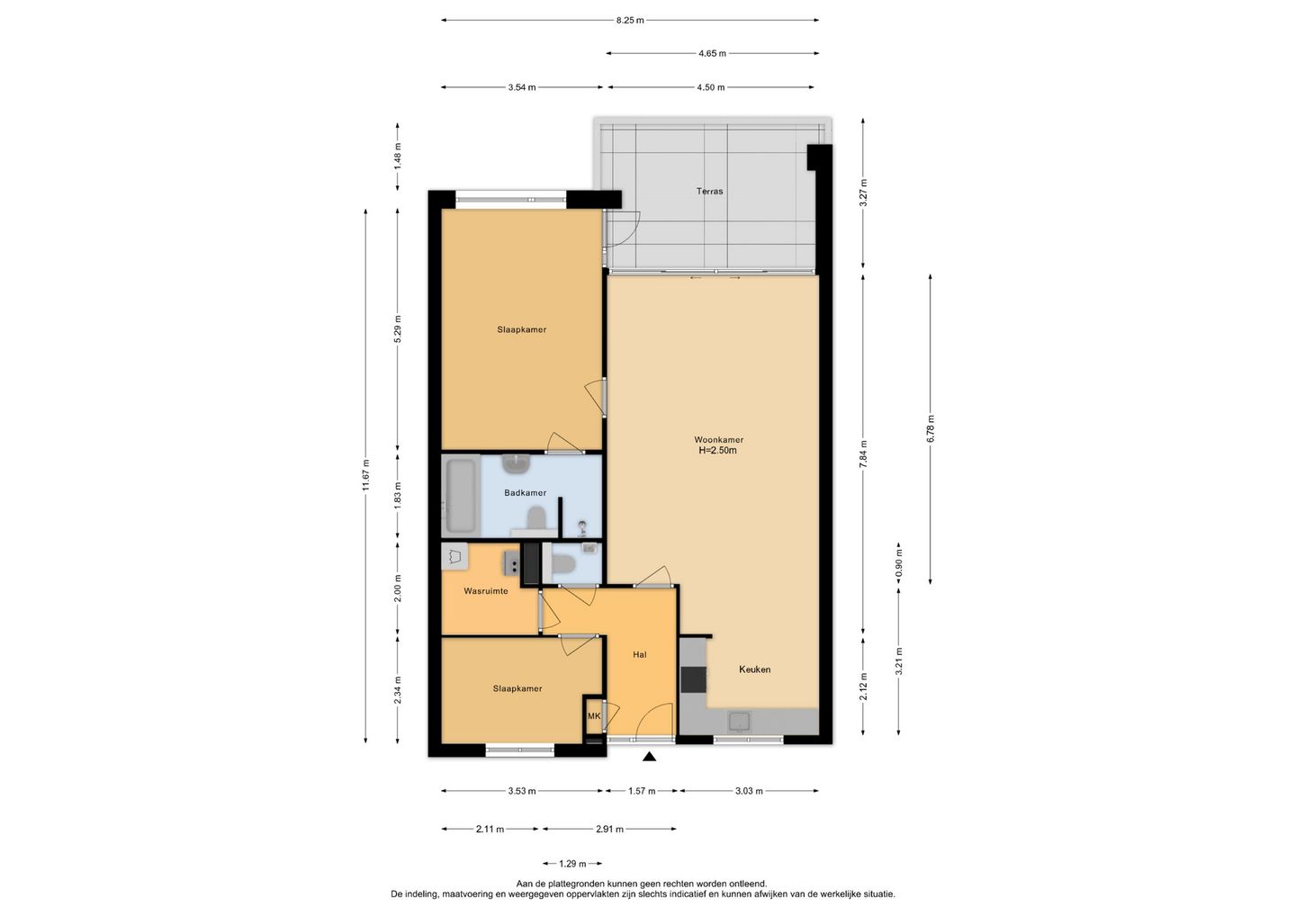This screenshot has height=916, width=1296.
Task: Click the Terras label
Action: click(x=709, y=192)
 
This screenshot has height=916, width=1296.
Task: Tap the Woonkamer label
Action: click(x=718, y=440)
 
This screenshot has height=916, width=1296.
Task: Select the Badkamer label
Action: click(x=526, y=493)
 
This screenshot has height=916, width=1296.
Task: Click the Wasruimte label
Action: click(x=486, y=591)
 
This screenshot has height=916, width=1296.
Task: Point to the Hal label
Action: click(x=639, y=655)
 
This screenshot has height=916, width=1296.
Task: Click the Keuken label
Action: click(x=754, y=669)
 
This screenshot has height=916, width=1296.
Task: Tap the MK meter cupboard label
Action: click(x=594, y=716)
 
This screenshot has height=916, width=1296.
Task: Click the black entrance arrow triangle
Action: click(x=649, y=757)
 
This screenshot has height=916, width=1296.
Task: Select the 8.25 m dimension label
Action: click(x=630, y=20)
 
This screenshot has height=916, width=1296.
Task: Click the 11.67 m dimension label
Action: click(x=365, y=475)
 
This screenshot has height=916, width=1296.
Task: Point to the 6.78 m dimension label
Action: click(x=931, y=429)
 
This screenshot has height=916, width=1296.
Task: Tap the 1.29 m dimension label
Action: click(x=572, y=864)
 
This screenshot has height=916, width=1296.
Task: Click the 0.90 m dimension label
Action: click(x=898, y=562)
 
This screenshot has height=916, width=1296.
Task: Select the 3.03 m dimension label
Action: click(x=749, y=791)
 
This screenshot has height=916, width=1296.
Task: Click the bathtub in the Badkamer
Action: click(x=461, y=496)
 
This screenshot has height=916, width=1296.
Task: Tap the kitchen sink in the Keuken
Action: click(x=739, y=722)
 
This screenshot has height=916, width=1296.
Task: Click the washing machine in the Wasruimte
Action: click(x=454, y=556)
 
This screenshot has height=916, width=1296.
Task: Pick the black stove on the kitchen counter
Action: click(x=693, y=680)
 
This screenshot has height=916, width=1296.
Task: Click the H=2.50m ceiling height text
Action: click(x=718, y=451)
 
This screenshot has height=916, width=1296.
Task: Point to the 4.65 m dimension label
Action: click(x=712, y=54)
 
